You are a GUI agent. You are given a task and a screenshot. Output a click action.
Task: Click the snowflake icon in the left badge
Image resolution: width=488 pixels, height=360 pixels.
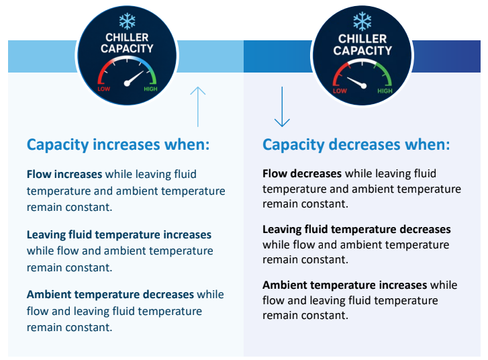click(x=127, y=21)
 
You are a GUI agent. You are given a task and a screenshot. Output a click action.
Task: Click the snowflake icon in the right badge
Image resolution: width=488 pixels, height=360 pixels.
click(x=362, y=21)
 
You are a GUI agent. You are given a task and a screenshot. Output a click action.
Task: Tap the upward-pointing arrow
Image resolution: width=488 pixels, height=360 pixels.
click(x=197, y=107)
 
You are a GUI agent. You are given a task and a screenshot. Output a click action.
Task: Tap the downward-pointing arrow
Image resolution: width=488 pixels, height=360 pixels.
click(x=282, y=107)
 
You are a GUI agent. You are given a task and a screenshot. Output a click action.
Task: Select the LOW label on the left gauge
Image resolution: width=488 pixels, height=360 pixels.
click(x=103, y=89)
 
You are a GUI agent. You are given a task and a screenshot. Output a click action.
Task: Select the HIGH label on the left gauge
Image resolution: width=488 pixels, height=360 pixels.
click(x=150, y=89)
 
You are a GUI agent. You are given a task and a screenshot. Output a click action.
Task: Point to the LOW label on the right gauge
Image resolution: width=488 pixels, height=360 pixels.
click(x=340, y=91)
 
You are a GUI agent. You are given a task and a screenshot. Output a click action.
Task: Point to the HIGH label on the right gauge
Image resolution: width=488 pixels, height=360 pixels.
click(x=385, y=91)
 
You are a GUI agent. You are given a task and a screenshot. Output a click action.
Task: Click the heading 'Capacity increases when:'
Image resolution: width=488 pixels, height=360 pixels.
click(x=118, y=145)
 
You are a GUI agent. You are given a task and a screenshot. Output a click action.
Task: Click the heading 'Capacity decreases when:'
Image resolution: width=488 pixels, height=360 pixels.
click(x=356, y=145)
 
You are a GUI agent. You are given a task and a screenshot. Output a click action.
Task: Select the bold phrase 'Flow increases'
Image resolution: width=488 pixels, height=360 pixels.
click(x=64, y=174)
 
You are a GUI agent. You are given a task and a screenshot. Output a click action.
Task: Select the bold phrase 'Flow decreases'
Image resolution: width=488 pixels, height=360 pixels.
click(x=302, y=173)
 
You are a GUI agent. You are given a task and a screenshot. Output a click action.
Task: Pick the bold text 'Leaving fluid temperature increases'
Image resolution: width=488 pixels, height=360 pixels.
click(x=119, y=234)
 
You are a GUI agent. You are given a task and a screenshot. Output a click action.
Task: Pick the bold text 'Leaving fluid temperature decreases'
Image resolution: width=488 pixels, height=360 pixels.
click(x=356, y=229)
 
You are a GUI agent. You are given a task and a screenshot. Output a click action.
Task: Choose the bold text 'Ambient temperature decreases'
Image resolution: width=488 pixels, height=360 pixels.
click(x=111, y=294)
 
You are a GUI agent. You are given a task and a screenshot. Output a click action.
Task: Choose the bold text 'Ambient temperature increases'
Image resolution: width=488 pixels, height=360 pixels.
click(x=345, y=285)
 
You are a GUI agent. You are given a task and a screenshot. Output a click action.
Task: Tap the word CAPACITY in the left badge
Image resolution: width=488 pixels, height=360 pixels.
click(x=127, y=48)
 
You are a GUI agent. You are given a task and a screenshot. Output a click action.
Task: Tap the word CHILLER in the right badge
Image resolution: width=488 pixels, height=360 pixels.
click(x=362, y=39)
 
